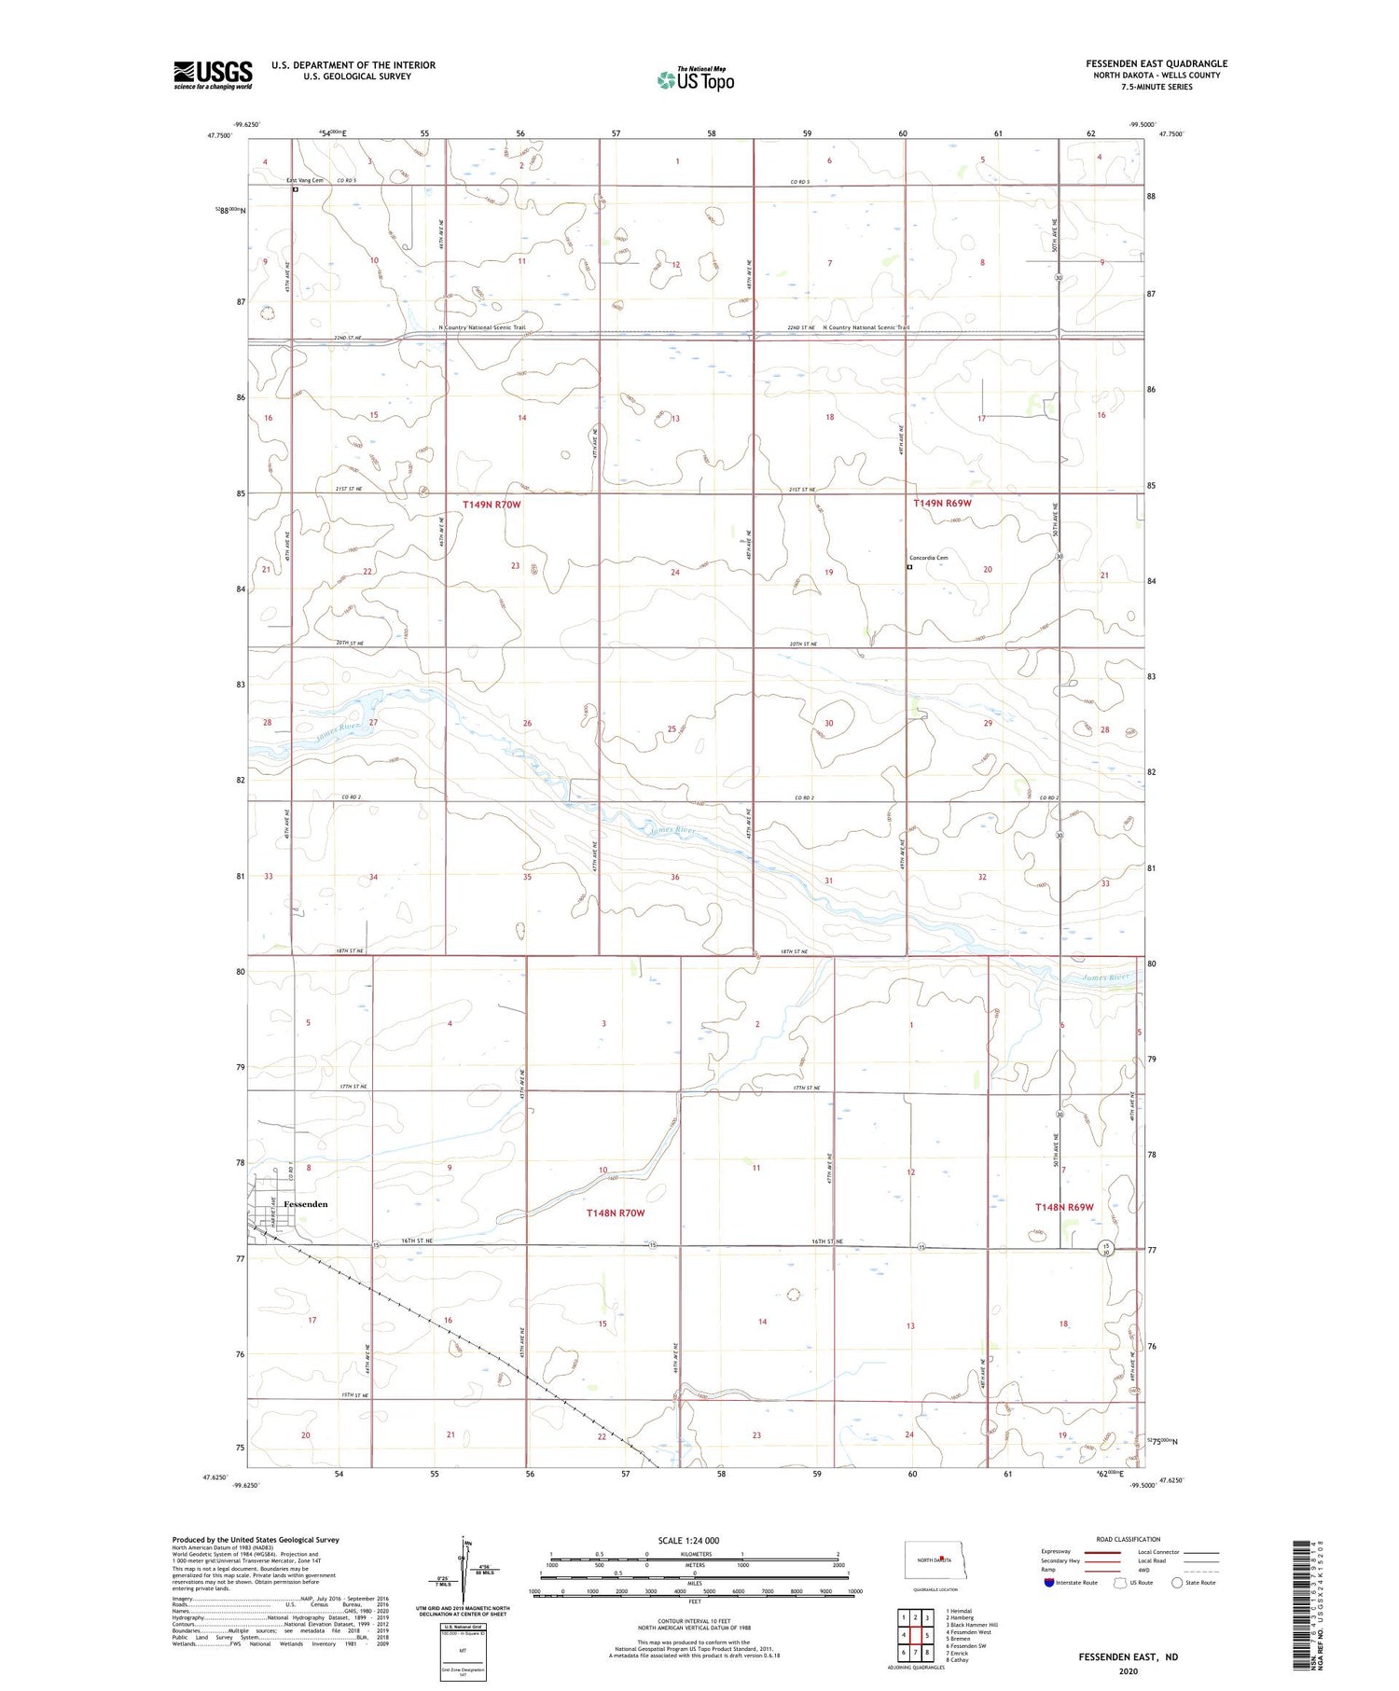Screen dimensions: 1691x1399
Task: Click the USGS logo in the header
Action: pyautogui.click(x=213, y=75)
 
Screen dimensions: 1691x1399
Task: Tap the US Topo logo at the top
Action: pyautogui.click(x=695, y=80)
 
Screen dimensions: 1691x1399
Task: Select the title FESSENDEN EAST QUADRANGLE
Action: pyautogui.click(x=1156, y=63)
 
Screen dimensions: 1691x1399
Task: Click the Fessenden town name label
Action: pyautogui.click(x=305, y=1204)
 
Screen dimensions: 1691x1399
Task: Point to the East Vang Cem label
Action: pyautogui.click(x=305, y=180)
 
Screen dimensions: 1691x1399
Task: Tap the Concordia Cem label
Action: pyautogui.click(x=928, y=558)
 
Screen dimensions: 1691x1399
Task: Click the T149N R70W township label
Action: pyautogui.click(x=492, y=505)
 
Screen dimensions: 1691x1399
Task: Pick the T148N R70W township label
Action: pyautogui.click(x=616, y=1213)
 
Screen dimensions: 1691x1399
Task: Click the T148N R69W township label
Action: pyautogui.click(x=1064, y=1207)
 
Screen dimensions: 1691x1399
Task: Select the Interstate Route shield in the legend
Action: pyautogui.click(x=1048, y=1583)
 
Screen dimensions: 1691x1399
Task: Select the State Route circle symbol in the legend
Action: pyautogui.click(x=1177, y=1583)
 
